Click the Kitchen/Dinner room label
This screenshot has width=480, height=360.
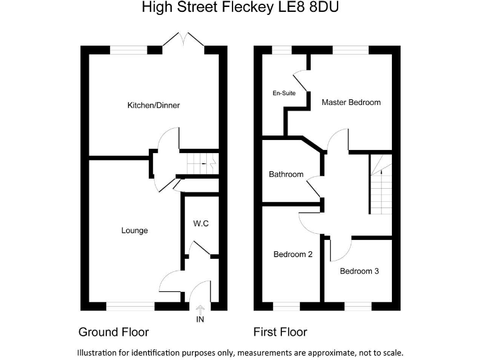tap(153, 105)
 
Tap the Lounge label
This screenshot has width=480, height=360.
tap(134, 231)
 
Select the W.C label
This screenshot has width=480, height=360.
tap(201, 223)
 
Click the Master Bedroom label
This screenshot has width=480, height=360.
tap(351, 102)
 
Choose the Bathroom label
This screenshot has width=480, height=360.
tap(286, 174)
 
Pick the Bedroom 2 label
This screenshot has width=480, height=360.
tap(293, 254)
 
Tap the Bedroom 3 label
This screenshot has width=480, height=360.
tap(359, 271)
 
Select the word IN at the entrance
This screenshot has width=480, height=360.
tap(200, 319)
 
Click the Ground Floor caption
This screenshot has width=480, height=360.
tap(113, 332)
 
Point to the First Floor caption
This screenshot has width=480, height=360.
tap(280, 332)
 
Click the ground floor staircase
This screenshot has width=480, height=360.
tap(201, 163)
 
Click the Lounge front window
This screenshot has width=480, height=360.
tap(131, 306)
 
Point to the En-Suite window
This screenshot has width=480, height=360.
tap(282, 50)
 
